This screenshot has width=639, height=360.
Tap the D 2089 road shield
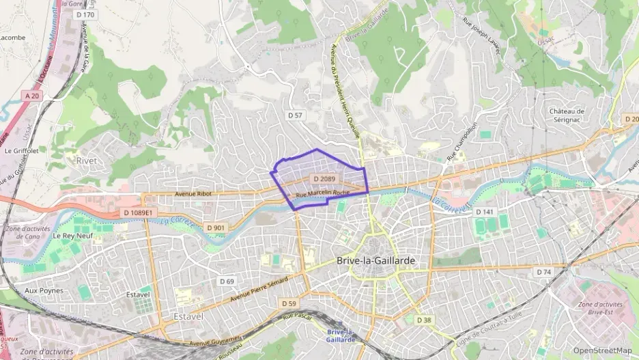325,178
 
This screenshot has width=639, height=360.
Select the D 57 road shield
295,115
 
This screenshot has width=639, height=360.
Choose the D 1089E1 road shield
139,213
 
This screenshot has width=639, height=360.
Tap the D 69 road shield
227,281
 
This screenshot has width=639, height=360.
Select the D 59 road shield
289,303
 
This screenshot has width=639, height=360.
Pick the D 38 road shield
424,320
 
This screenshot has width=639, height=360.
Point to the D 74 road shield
543,272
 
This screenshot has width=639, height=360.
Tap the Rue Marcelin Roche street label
322,194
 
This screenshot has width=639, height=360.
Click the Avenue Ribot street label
194,193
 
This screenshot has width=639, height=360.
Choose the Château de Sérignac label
567,115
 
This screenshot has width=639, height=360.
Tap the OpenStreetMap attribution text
602,350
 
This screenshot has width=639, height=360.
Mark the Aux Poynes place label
44,290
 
